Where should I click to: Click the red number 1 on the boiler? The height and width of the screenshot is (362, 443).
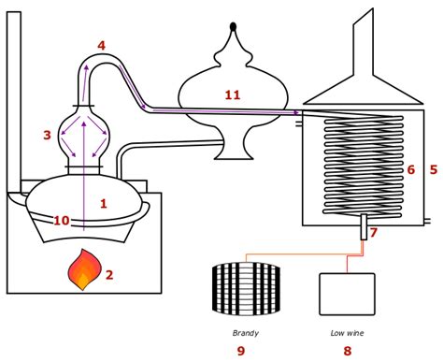click(104, 202)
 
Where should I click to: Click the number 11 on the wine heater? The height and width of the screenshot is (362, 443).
click(232, 94)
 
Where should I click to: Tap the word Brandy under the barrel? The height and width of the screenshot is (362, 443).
click(245, 331)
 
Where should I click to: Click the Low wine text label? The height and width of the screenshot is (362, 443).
click(347, 331)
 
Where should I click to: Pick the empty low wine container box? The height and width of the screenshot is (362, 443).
click(347, 293)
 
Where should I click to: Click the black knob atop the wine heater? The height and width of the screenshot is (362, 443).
click(233, 25)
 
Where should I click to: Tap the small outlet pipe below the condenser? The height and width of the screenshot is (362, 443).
click(364, 227)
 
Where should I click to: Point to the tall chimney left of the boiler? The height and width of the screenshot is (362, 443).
click(13, 94)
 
